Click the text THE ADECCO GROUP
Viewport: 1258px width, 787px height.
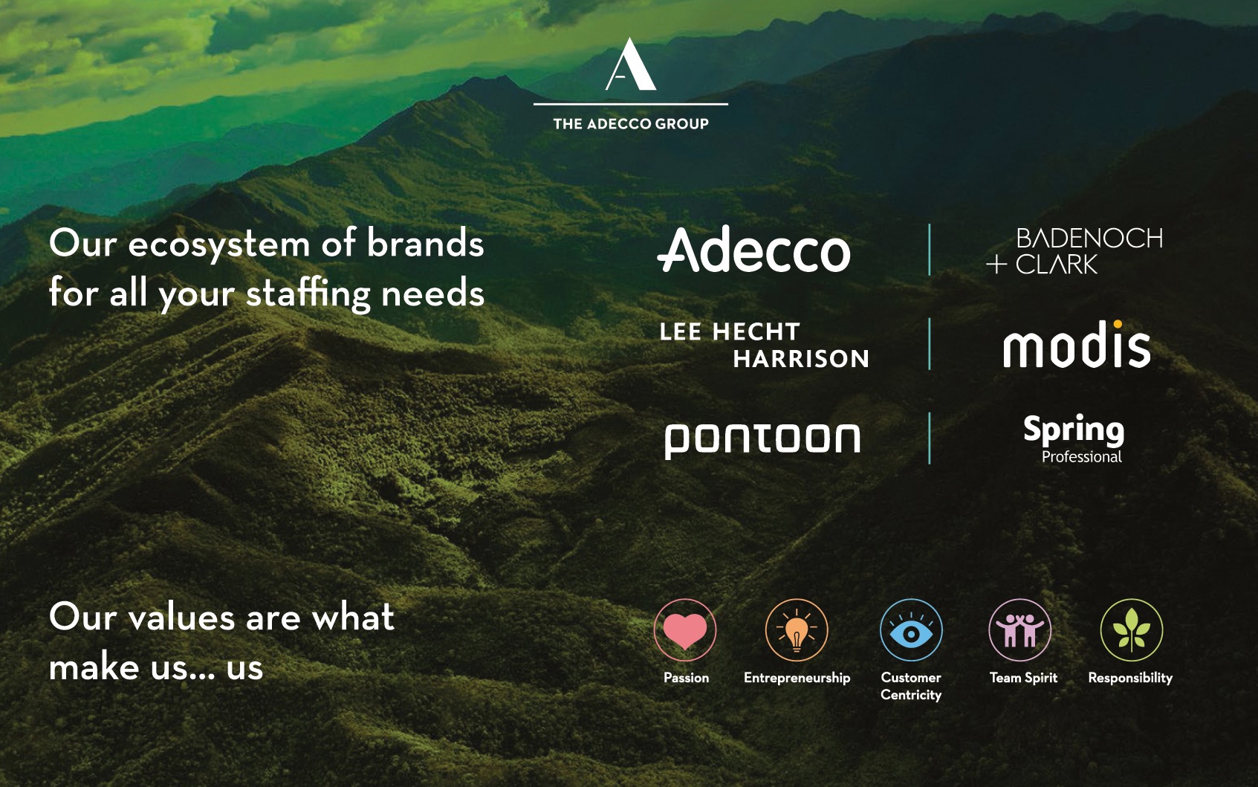pos(631,123)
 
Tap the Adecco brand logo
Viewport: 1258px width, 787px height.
pos(753,249)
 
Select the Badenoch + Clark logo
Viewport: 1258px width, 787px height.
pos(1074,251)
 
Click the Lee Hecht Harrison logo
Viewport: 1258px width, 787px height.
pos(765,345)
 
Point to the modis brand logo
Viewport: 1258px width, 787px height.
pos(1077,344)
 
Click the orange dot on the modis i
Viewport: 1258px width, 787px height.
pos(1118,323)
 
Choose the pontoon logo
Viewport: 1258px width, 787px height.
pos(762,441)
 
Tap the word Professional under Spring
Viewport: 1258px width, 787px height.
pos(1082,457)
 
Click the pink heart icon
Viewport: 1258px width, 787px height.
pos(685,630)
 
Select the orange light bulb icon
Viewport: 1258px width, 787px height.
pos(797,629)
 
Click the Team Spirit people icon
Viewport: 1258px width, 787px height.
pos(1020,629)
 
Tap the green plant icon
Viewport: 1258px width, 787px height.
pos(1131,630)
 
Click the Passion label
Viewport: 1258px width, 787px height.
pos(687,678)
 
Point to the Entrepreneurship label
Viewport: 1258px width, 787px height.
pos(797,678)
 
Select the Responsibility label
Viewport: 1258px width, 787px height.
pos(1130,678)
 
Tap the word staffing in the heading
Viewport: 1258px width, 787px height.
pos(308,294)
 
